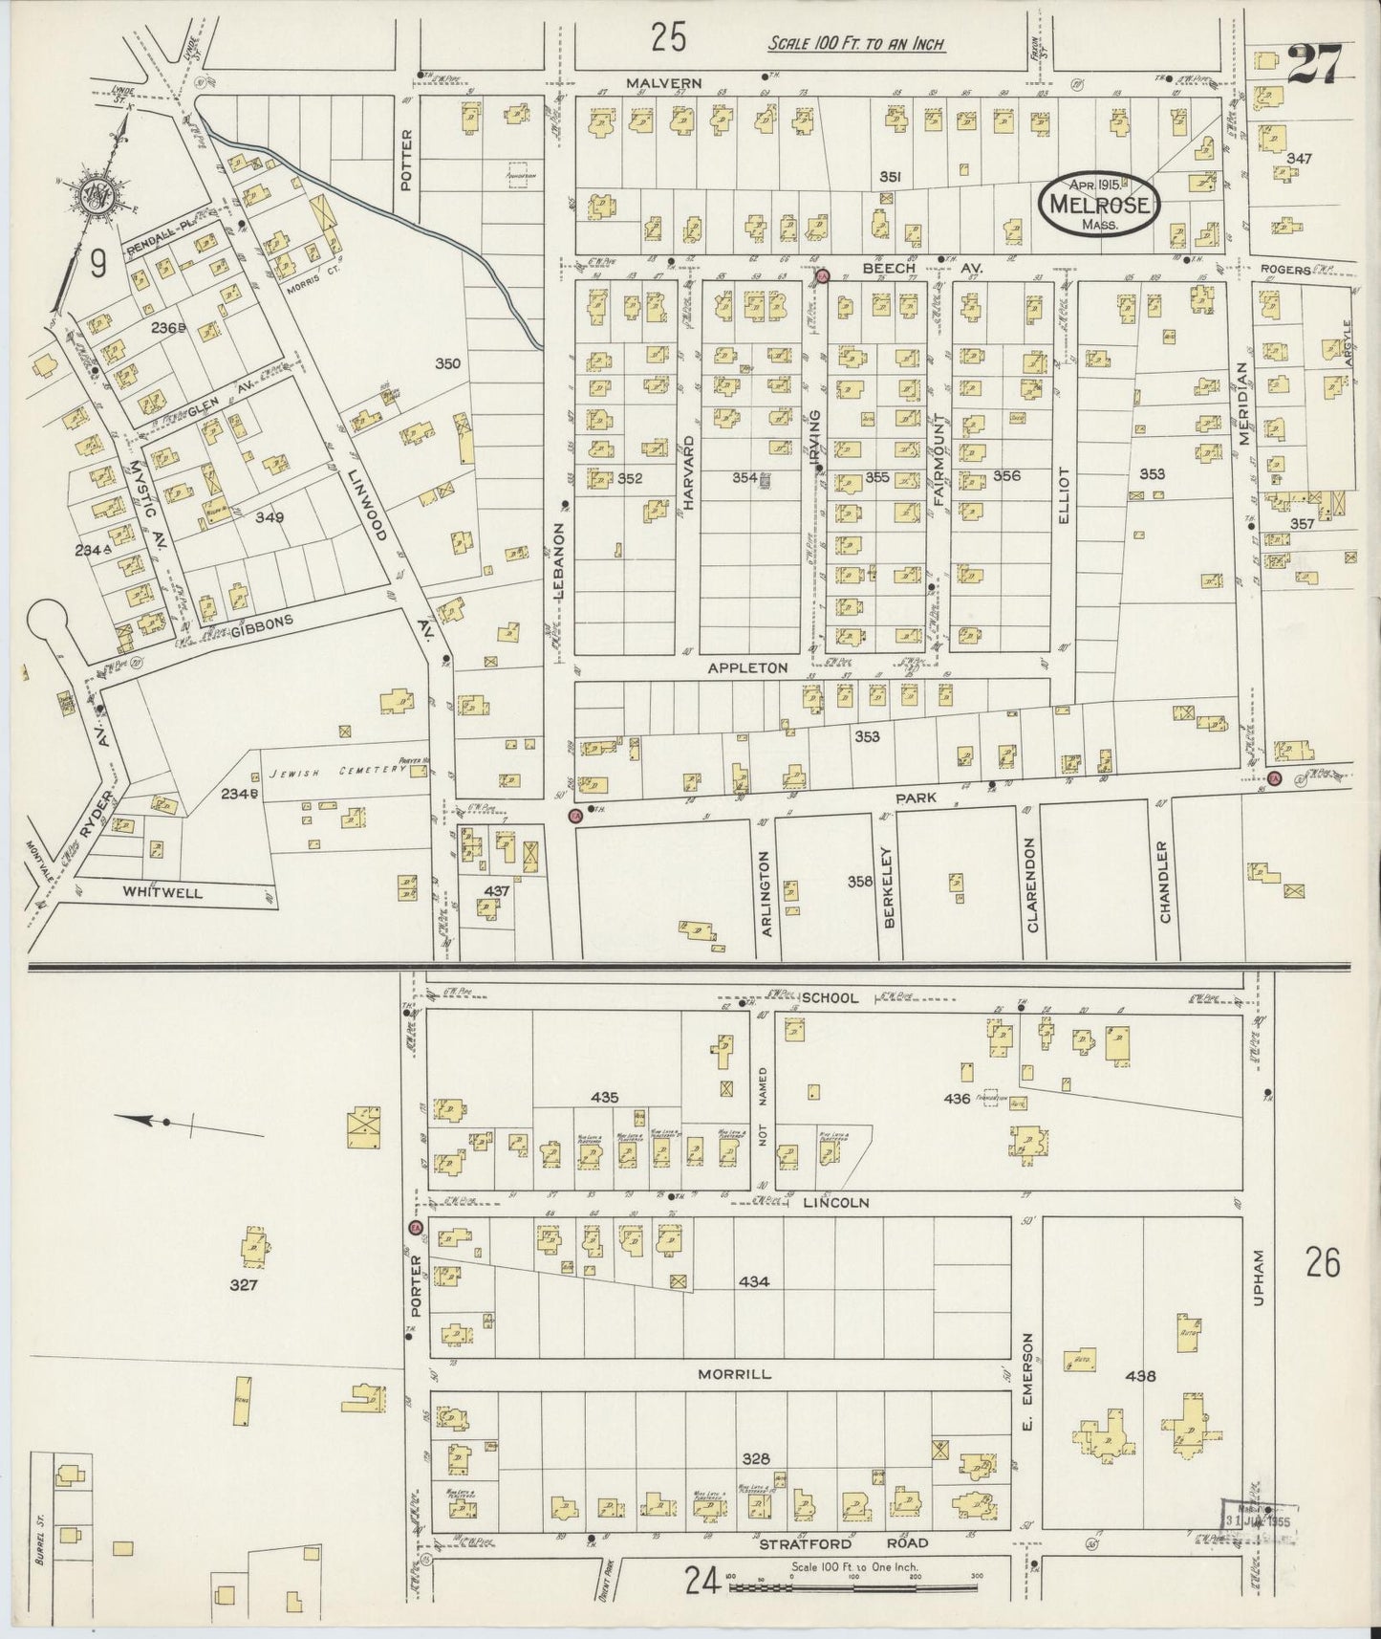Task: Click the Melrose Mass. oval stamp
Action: [1100, 203]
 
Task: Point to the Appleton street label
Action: [747, 667]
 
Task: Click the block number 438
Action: [1141, 1376]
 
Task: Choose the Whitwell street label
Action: [162, 892]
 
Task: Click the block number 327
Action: [244, 1285]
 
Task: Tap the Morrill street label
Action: [734, 1373]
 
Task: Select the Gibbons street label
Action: [259, 626]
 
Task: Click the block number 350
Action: [447, 364]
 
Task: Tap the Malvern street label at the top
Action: [664, 84]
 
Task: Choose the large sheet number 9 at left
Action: [98, 263]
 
